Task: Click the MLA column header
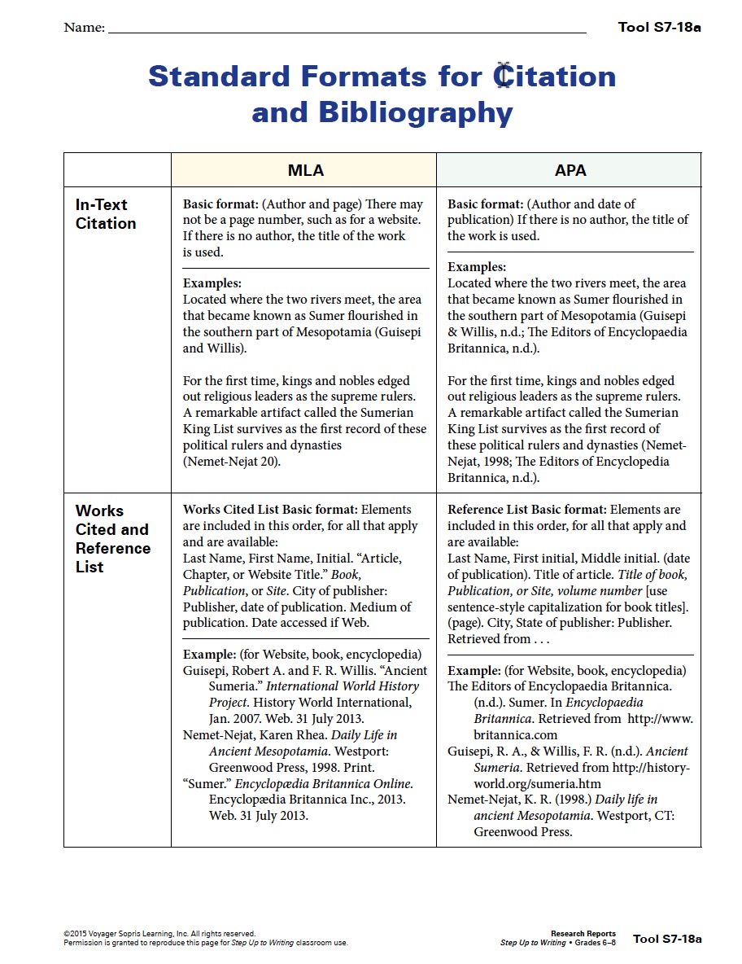[x=305, y=170]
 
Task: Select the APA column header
[x=570, y=170]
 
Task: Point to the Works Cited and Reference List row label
[x=112, y=539]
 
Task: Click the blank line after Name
[x=347, y=29]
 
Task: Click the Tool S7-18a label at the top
[x=659, y=27]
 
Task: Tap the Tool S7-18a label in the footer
[x=667, y=939]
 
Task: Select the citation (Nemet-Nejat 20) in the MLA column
[x=232, y=462]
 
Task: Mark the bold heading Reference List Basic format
[x=526, y=510]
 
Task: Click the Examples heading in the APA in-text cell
[x=477, y=267]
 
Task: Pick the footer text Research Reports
[x=583, y=934]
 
